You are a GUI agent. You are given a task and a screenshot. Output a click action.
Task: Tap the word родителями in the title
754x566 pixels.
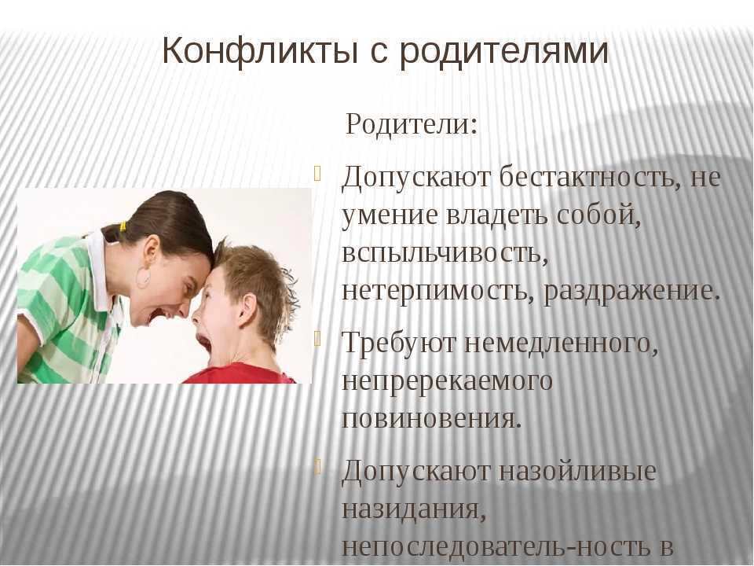point(504,53)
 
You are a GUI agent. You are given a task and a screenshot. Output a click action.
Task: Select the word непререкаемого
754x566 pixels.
point(447,380)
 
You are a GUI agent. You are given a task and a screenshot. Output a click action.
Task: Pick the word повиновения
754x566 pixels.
point(431,417)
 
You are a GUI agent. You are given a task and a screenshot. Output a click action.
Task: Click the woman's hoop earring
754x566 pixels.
point(143,277)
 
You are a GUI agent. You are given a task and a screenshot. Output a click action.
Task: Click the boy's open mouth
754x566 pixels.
point(203,344)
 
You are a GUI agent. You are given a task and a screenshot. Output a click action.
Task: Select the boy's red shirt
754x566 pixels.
point(240,374)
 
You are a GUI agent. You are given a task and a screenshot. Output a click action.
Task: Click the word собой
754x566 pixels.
point(598,215)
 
